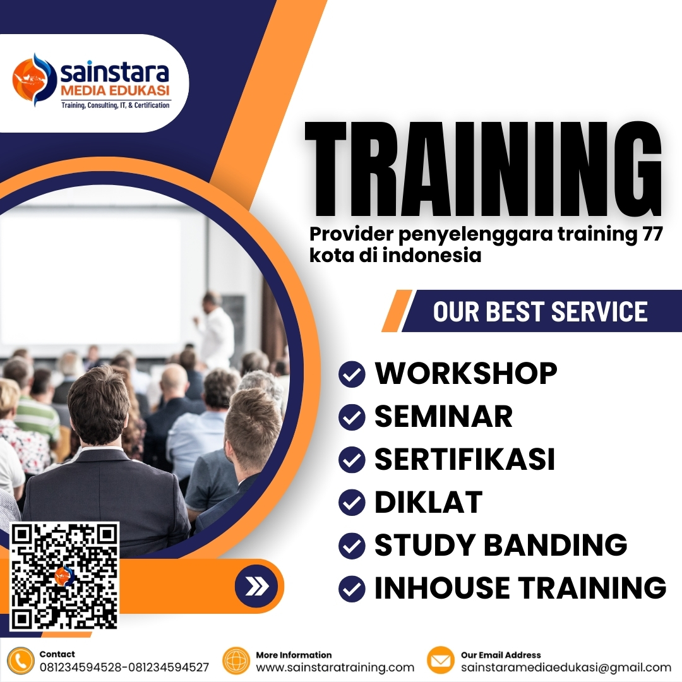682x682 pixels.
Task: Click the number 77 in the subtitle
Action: coord(650,234)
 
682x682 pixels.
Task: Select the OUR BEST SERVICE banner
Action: coord(540,311)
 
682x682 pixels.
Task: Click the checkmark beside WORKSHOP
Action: coord(352,374)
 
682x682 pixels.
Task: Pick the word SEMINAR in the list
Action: coord(443,417)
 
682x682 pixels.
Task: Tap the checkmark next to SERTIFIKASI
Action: coord(352,460)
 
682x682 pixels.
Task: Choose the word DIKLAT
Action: coord(428,503)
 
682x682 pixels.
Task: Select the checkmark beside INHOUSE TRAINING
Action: coord(352,589)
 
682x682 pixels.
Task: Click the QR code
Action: coord(64,576)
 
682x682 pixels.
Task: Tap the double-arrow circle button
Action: coord(256,587)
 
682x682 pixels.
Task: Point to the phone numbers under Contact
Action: coord(124,667)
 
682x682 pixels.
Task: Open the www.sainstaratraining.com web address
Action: coord(335,667)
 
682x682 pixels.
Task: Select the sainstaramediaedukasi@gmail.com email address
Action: coord(566,667)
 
